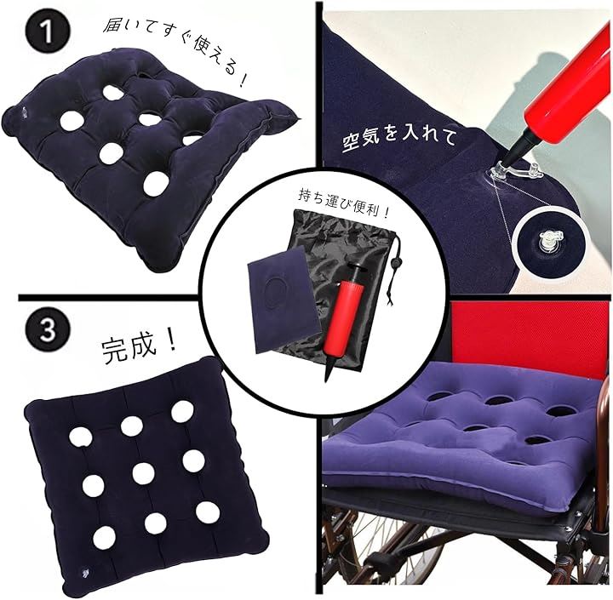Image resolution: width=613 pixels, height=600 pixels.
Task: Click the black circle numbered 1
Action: (48, 31)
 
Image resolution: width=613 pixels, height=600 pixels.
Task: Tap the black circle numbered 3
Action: (48, 330)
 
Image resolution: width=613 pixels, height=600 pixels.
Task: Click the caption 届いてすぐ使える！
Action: (175, 52)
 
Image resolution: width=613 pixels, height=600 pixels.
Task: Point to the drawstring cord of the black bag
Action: (392, 270)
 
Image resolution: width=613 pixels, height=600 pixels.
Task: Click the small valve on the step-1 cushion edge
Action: (24, 112)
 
